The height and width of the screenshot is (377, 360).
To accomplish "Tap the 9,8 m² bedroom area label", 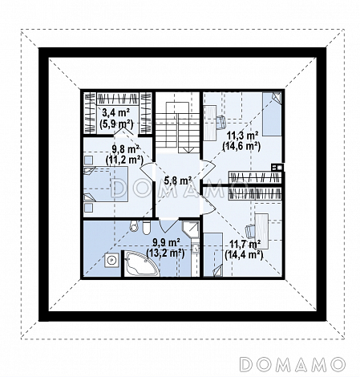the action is tap(125, 148).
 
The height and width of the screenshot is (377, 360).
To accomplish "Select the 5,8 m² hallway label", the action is tap(178, 181).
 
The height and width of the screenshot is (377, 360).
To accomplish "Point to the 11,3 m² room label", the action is tap(242, 136).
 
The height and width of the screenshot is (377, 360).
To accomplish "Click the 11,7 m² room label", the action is tap(245, 245).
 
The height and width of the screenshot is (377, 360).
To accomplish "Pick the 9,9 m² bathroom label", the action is tap(166, 242).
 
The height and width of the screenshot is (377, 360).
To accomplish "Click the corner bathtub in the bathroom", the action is tap(142, 263).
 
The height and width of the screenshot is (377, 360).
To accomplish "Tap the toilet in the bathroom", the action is tap(146, 228).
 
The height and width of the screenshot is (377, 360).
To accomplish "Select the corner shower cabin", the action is tap(191, 229).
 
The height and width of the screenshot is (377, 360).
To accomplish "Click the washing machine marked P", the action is tap(112, 260).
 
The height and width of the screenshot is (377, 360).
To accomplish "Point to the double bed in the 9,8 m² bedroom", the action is tap(105, 184).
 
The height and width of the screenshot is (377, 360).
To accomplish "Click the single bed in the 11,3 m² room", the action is tap(272, 114).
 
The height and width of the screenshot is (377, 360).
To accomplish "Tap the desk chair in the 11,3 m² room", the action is tap(220, 122).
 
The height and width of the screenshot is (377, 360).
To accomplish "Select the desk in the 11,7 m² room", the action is tap(261, 231).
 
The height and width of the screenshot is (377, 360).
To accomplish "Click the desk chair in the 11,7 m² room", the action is tap(250, 231).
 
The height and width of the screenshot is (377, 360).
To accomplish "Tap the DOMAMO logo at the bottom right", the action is tap(292, 364).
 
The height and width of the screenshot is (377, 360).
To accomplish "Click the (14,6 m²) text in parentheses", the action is tap(241, 146).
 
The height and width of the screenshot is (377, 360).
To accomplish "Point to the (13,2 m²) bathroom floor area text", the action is tap(165, 253).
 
